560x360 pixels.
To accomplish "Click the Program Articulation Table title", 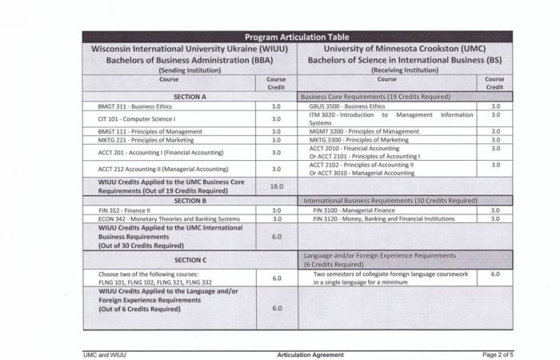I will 298,37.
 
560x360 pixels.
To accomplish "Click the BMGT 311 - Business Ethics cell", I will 132,106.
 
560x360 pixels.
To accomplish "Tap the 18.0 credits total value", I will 276,186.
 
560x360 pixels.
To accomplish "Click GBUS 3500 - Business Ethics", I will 347,106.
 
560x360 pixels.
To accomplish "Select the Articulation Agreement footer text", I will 310,354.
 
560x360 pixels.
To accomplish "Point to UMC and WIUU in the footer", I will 106,354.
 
